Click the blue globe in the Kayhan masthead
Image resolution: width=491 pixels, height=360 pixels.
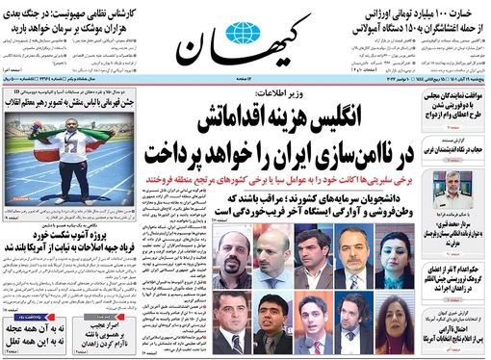pyautogui.click(x=236, y=38)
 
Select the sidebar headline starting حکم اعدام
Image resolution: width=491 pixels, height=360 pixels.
pyautogui.click(x=452, y=272)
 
